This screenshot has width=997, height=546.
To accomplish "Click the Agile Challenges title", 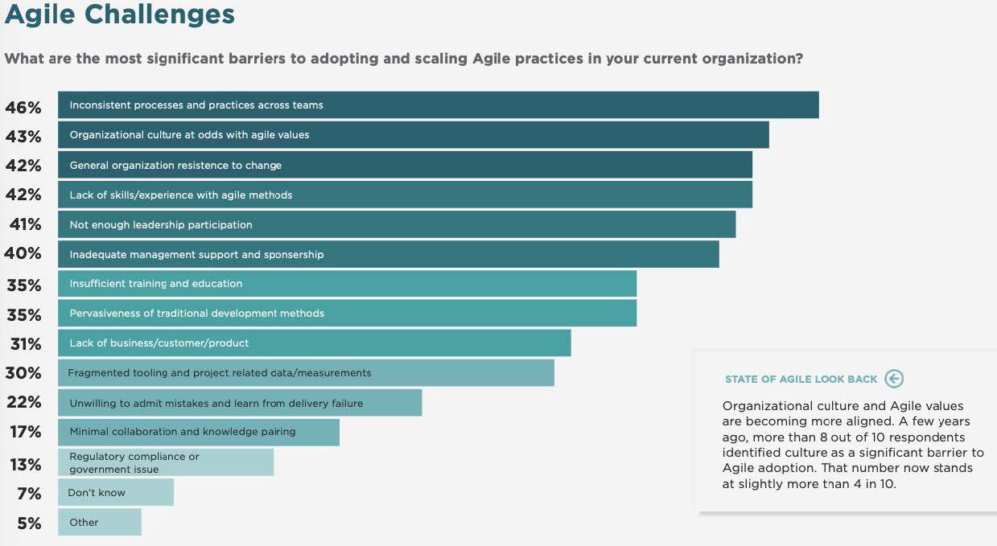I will pyautogui.click(x=120, y=14).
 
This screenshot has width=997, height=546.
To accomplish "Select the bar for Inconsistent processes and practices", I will pyautogui.click(x=438, y=105).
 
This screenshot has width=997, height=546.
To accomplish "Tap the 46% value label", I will pyautogui.click(x=23, y=107).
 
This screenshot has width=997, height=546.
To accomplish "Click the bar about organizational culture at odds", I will pyautogui.click(x=413, y=135).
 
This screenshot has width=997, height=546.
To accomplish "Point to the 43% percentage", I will pyautogui.click(x=23, y=137).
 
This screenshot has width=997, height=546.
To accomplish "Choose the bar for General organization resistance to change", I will pyautogui.click(x=405, y=165).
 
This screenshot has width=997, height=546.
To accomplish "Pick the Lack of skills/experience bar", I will pyautogui.click(x=405, y=195).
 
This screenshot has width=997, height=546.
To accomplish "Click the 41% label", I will pyautogui.click(x=25, y=224).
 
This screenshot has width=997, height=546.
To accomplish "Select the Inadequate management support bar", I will pyautogui.click(x=388, y=254).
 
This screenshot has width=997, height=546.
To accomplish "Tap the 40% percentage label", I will pyautogui.click(x=23, y=253).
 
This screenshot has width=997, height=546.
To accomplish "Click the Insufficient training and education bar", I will pyautogui.click(x=347, y=283).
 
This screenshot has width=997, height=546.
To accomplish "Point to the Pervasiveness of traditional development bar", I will pyautogui.click(x=347, y=313).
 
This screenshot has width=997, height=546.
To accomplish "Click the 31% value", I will pyautogui.click(x=24, y=344).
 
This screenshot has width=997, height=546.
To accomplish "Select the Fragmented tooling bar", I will pyautogui.click(x=306, y=372).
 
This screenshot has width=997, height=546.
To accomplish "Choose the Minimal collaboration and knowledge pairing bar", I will pyautogui.click(x=198, y=432).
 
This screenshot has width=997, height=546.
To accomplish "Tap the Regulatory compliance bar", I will pyautogui.click(x=165, y=462).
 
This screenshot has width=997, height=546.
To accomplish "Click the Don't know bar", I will pyautogui.click(x=115, y=492).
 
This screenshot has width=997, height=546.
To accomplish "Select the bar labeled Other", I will pyautogui.click(x=99, y=522).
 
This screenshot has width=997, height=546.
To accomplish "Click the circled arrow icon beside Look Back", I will pyautogui.click(x=893, y=379).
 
